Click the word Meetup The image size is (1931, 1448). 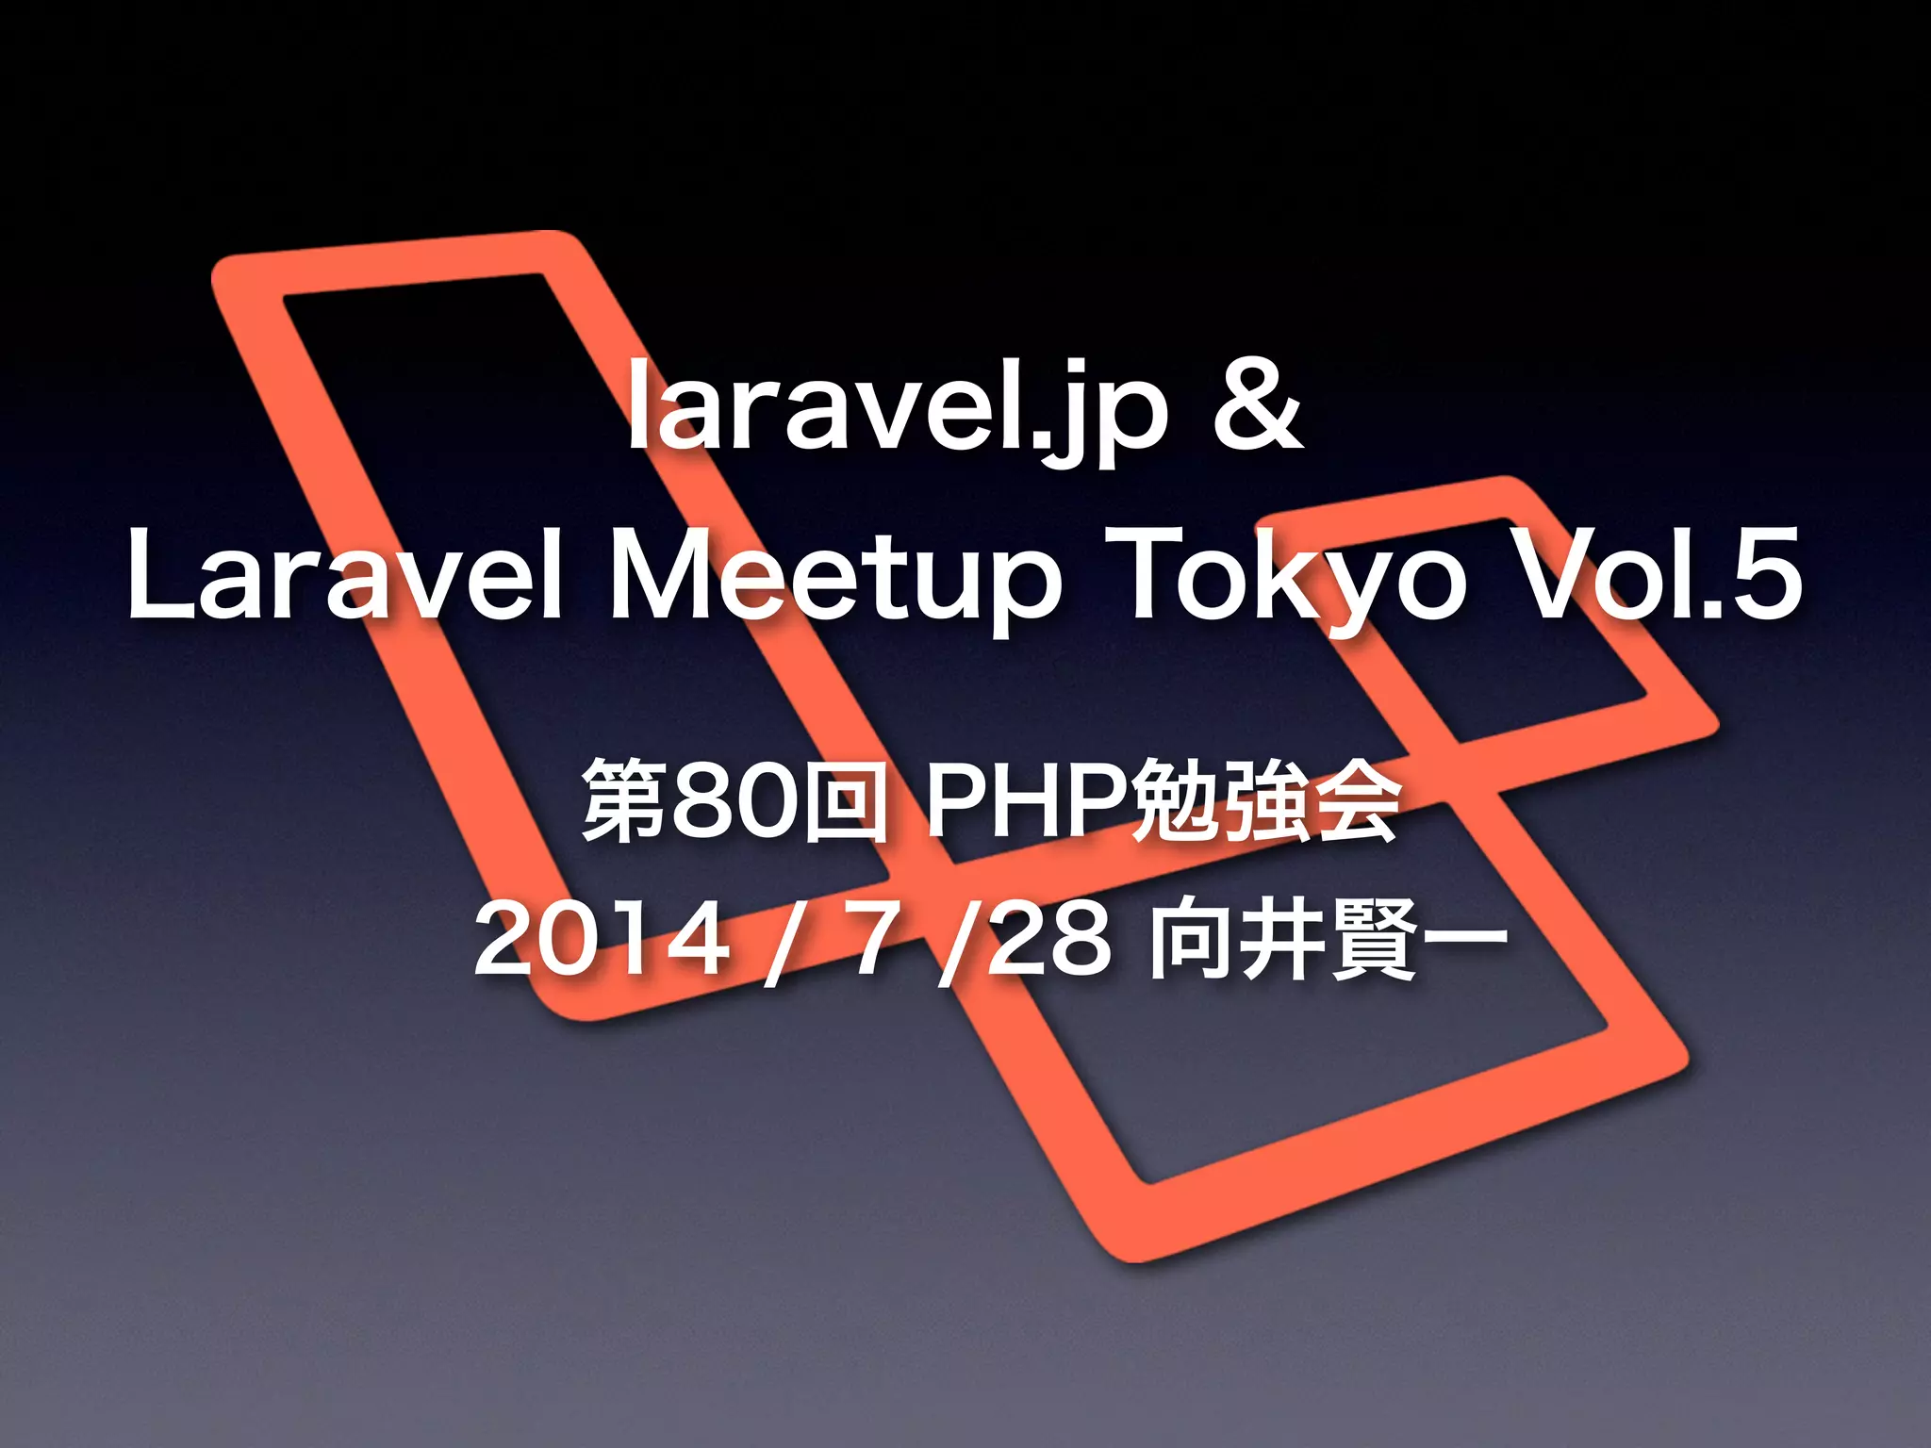click(x=835, y=577)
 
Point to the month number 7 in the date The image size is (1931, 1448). click(x=871, y=939)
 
